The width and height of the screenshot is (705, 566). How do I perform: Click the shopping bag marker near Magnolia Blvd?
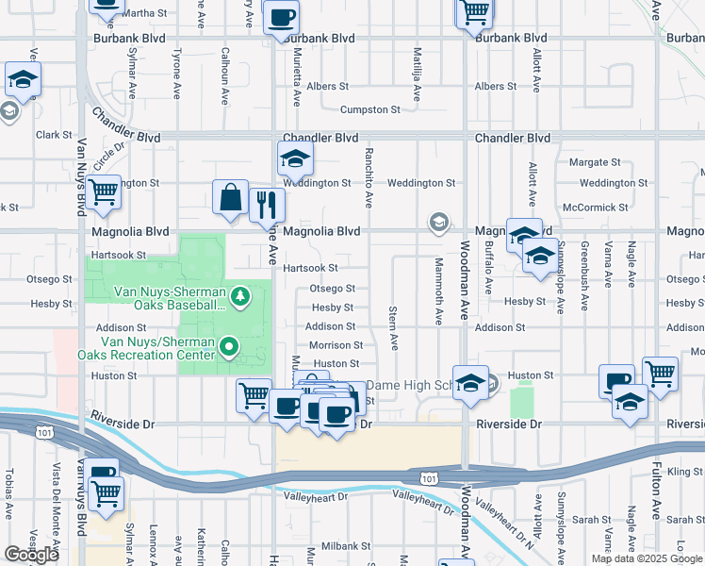click(231, 199)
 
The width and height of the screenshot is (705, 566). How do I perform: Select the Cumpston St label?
click(345, 110)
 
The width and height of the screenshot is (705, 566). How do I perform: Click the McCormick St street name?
click(595, 208)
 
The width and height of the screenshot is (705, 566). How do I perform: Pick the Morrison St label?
click(330, 345)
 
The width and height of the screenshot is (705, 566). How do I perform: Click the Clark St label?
click(54, 135)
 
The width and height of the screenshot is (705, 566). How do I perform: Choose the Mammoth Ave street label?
click(438, 291)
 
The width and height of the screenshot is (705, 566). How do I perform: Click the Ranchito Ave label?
click(369, 175)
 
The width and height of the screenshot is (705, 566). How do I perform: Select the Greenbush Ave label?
click(584, 278)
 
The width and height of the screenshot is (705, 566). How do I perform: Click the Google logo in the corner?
click(31, 555)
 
